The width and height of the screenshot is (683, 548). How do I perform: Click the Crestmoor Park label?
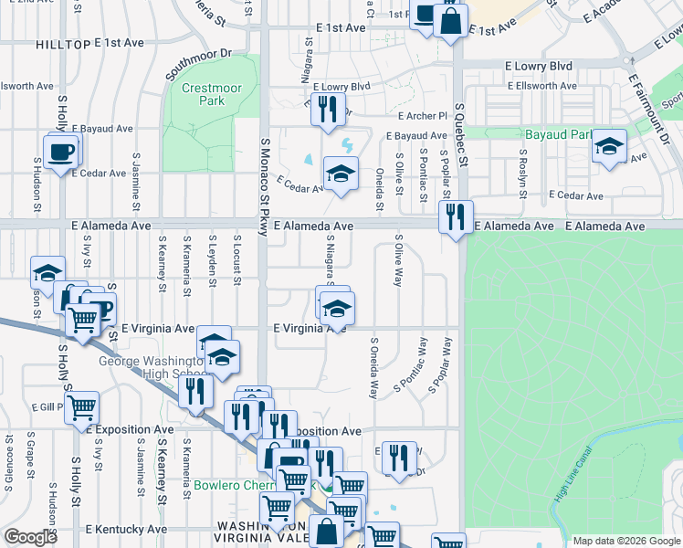coord(203,94)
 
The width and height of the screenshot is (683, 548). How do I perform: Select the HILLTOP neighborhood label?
coord(63,44)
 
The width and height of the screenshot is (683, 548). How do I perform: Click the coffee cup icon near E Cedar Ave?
coord(61,151)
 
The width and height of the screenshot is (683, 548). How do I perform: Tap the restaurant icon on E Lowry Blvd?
coord(326,110)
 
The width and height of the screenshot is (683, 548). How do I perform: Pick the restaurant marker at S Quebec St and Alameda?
coord(454,217)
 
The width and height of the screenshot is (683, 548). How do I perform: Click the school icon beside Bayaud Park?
coord(608,147)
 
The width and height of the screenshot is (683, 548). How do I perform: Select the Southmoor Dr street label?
coord(200,67)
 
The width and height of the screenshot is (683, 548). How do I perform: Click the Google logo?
coord(29,537)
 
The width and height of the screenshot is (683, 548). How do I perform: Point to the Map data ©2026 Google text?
coord(625,541)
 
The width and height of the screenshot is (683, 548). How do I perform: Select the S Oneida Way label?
coord(373,369)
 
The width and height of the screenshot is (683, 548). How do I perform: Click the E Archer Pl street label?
coord(422,116)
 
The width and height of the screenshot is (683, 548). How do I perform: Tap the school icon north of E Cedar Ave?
coord(341,173)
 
